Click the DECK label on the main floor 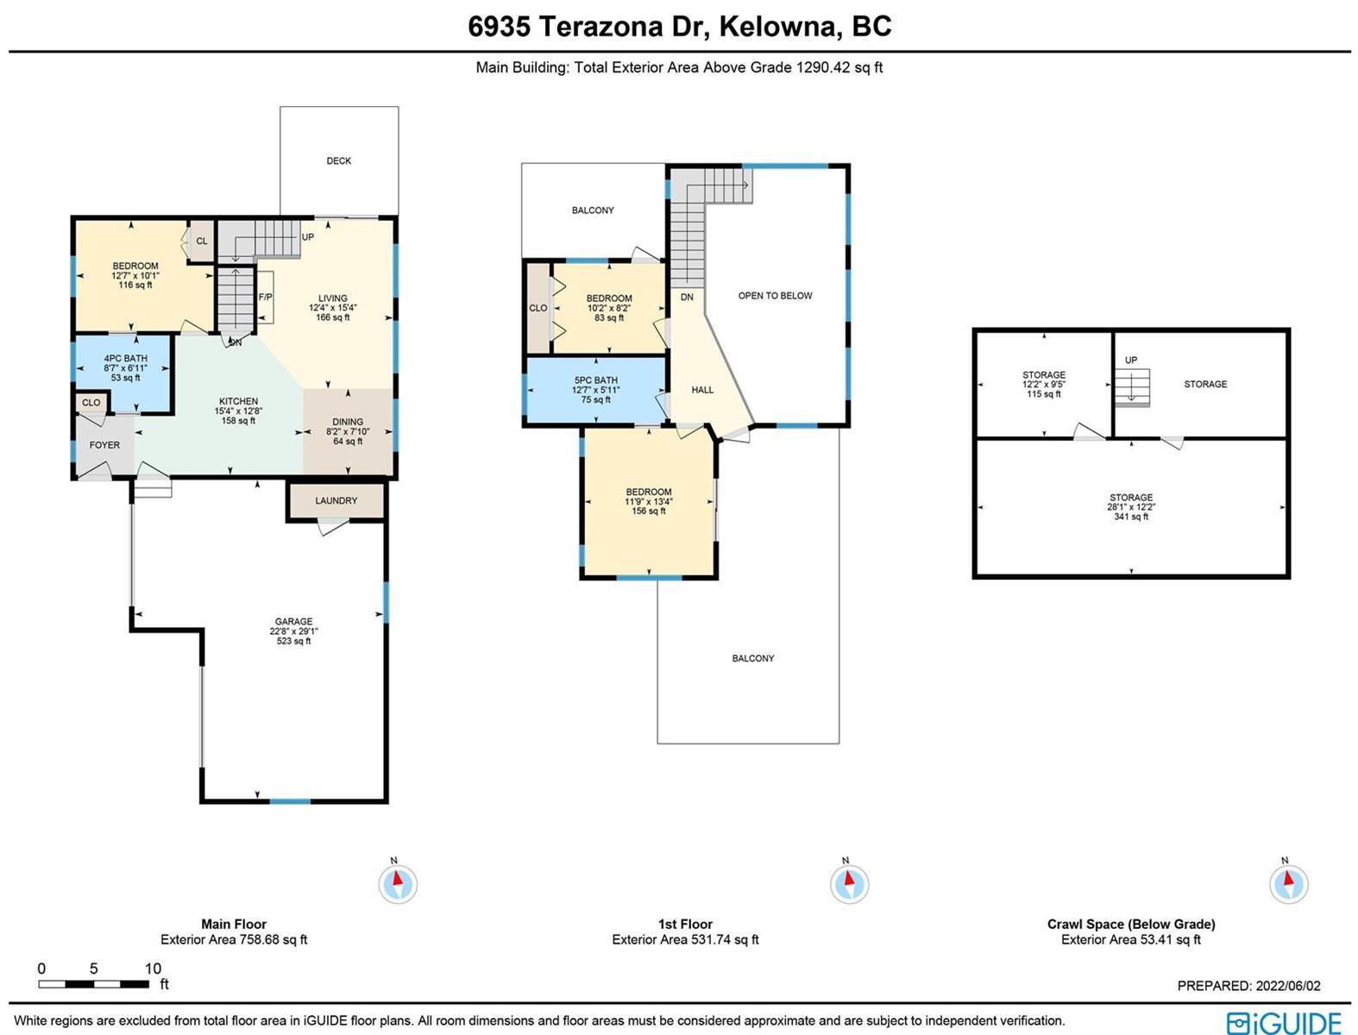pos(338,160)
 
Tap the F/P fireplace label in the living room pos(265,298)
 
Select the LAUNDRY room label pos(336,501)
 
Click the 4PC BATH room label pos(126,359)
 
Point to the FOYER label pos(104,445)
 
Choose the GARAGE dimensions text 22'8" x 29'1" pos(294,631)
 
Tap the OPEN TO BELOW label pos(775,296)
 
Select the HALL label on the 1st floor pos(702,390)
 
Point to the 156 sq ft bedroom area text pos(649,511)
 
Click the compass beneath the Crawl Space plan pos(1288,884)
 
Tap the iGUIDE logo pos(1284,1023)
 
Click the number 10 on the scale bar pos(153,969)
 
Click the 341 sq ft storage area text pos(1131,517)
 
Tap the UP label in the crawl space pos(1131,360)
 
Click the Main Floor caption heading pos(234,925)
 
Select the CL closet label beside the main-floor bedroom pos(202,241)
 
